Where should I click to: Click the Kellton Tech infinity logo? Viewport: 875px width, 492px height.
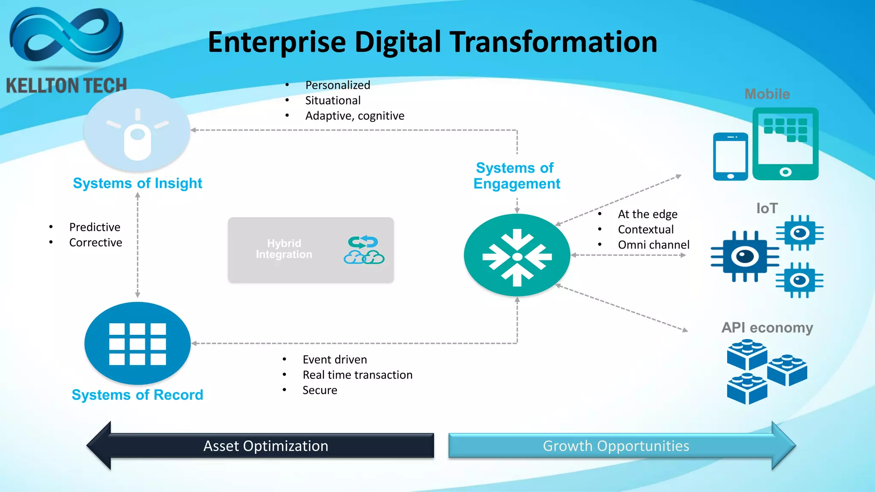point(66,36)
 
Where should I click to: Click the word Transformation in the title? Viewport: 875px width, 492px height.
point(554,42)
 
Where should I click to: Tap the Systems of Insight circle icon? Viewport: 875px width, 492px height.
point(137,130)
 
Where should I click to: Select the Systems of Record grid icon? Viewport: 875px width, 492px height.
point(137,344)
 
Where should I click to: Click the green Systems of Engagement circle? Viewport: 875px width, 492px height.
point(517,256)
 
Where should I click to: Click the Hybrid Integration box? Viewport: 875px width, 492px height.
point(311,250)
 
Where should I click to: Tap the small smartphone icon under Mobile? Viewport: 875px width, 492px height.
point(730,157)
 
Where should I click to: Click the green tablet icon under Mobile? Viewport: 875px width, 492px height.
point(785,144)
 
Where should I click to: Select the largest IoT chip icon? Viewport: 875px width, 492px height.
point(745,257)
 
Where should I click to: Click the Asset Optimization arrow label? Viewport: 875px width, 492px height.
point(266,446)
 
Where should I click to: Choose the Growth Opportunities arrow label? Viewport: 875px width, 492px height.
point(616,446)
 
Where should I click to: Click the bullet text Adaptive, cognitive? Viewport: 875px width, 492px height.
point(355,116)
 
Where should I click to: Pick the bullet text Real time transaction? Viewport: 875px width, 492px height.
point(358,375)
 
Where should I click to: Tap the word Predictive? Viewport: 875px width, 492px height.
point(95,227)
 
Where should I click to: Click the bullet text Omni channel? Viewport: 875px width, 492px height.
point(653,245)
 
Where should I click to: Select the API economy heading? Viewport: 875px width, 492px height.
point(767,328)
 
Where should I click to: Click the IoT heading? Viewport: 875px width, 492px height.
point(767,208)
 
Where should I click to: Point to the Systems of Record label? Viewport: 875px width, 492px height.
point(137,395)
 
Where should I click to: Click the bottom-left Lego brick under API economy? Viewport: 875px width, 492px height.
point(747,388)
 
